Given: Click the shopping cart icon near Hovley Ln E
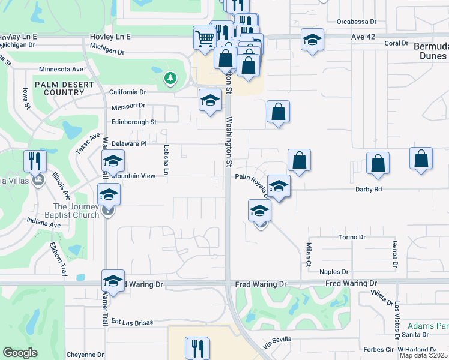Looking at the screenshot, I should [x=204, y=38].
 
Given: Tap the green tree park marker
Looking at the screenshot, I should [x=170, y=78].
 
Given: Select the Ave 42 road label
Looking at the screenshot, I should [x=363, y=37].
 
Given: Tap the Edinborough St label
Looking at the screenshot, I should [x=133, y=122].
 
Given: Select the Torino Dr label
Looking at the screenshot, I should [x=352, y=238].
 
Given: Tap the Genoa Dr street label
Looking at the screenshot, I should [x=395, y=254].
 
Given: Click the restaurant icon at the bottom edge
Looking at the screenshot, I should [x=197, y=348].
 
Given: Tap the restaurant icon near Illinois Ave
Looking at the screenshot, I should [x=35, y=161].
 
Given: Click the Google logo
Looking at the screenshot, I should [x=20, y=353].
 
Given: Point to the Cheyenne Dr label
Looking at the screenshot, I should [x=85, y=355].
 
